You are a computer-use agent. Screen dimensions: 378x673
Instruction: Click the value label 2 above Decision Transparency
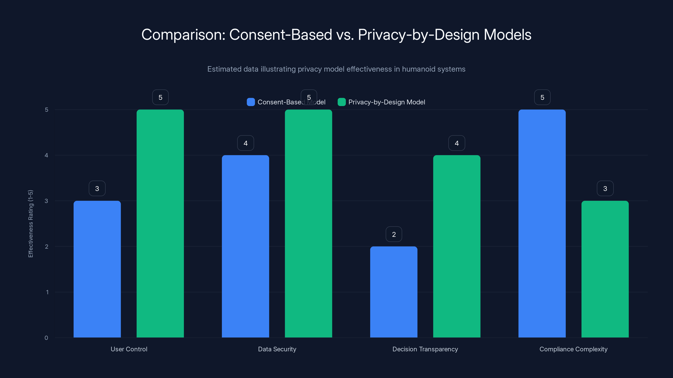point(394,234)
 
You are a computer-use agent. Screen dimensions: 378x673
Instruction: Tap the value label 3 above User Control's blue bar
point(97,188)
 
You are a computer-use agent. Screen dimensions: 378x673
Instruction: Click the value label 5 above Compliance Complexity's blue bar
point(542,97)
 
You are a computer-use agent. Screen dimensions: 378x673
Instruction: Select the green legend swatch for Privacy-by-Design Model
point(342,102)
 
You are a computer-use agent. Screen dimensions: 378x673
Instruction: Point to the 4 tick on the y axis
point(46,155)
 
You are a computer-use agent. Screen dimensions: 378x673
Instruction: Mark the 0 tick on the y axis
point(46,338)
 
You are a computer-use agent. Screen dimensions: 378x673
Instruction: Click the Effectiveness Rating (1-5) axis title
point(30,224)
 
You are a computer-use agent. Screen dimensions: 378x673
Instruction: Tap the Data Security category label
point(277,349)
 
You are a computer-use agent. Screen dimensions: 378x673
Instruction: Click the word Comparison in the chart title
point(183,35)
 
